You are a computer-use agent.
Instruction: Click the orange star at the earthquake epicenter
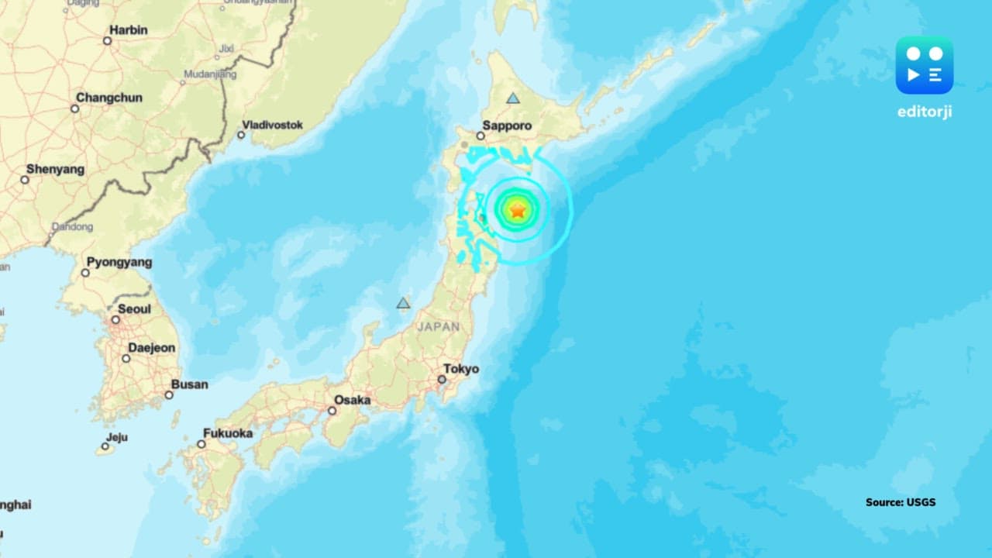click(x=518, y=209)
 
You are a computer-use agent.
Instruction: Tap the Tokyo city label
click(x=461, y=369)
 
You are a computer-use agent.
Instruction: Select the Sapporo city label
click(x=507, y=125)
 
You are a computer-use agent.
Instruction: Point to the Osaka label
click(x=352, y=400)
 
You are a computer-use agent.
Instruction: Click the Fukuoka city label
click(x=228, y=433)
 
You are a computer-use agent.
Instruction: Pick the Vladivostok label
click(x=272, y=124)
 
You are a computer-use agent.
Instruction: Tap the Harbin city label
click(x=129, y=29)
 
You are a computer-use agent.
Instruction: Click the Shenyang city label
click(x=55, y=169)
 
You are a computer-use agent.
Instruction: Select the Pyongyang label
click(x=119, y=262)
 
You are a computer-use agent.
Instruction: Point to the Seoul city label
click(x=134, y=308)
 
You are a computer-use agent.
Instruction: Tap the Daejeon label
click(x=152, y=348)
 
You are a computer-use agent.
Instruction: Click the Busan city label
click(x=189, y=384)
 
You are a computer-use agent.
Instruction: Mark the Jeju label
click(x=117, y=437)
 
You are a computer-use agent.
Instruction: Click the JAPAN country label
click(x=439, y=327)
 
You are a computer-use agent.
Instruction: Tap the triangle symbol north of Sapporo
click(x=512, y=98)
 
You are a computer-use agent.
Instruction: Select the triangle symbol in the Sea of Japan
click(x=403, y=303)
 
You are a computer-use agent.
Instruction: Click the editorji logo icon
click(x=924, y=65)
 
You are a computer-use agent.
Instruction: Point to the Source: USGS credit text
click(x=901, y=502)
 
